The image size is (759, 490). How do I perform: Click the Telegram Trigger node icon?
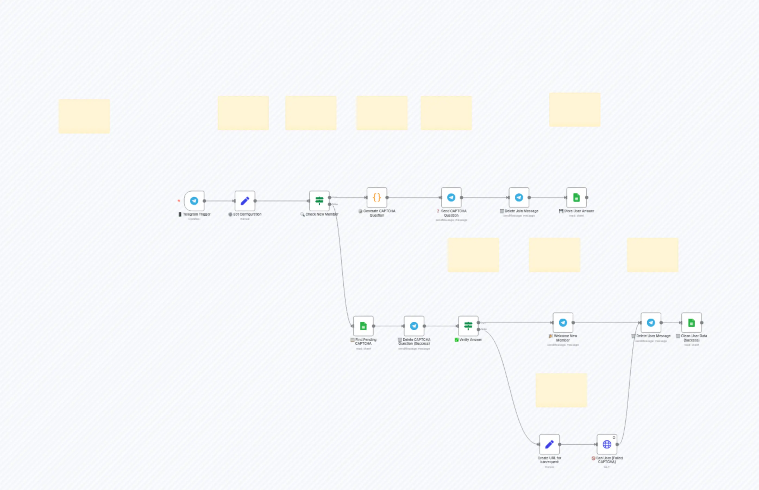194,201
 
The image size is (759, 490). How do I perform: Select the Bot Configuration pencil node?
245,201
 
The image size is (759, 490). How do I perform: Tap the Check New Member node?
319,201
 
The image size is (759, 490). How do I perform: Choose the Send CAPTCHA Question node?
451,198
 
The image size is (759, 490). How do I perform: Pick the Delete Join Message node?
519,198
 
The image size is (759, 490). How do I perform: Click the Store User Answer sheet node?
576,198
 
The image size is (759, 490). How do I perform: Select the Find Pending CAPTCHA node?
363,326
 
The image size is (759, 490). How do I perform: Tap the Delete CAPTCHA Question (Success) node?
414,326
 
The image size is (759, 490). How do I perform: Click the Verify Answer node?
468,326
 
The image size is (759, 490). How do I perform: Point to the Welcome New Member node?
563,323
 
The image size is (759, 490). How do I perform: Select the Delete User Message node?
651,323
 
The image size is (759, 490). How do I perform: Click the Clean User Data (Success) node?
692,323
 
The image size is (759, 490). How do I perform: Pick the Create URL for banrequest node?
549,444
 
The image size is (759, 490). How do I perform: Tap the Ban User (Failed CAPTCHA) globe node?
607,444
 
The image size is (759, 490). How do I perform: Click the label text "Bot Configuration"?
247,214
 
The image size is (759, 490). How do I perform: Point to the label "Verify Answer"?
471,340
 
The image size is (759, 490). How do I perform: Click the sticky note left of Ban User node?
561,390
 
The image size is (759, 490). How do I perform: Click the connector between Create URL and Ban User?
578,444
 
